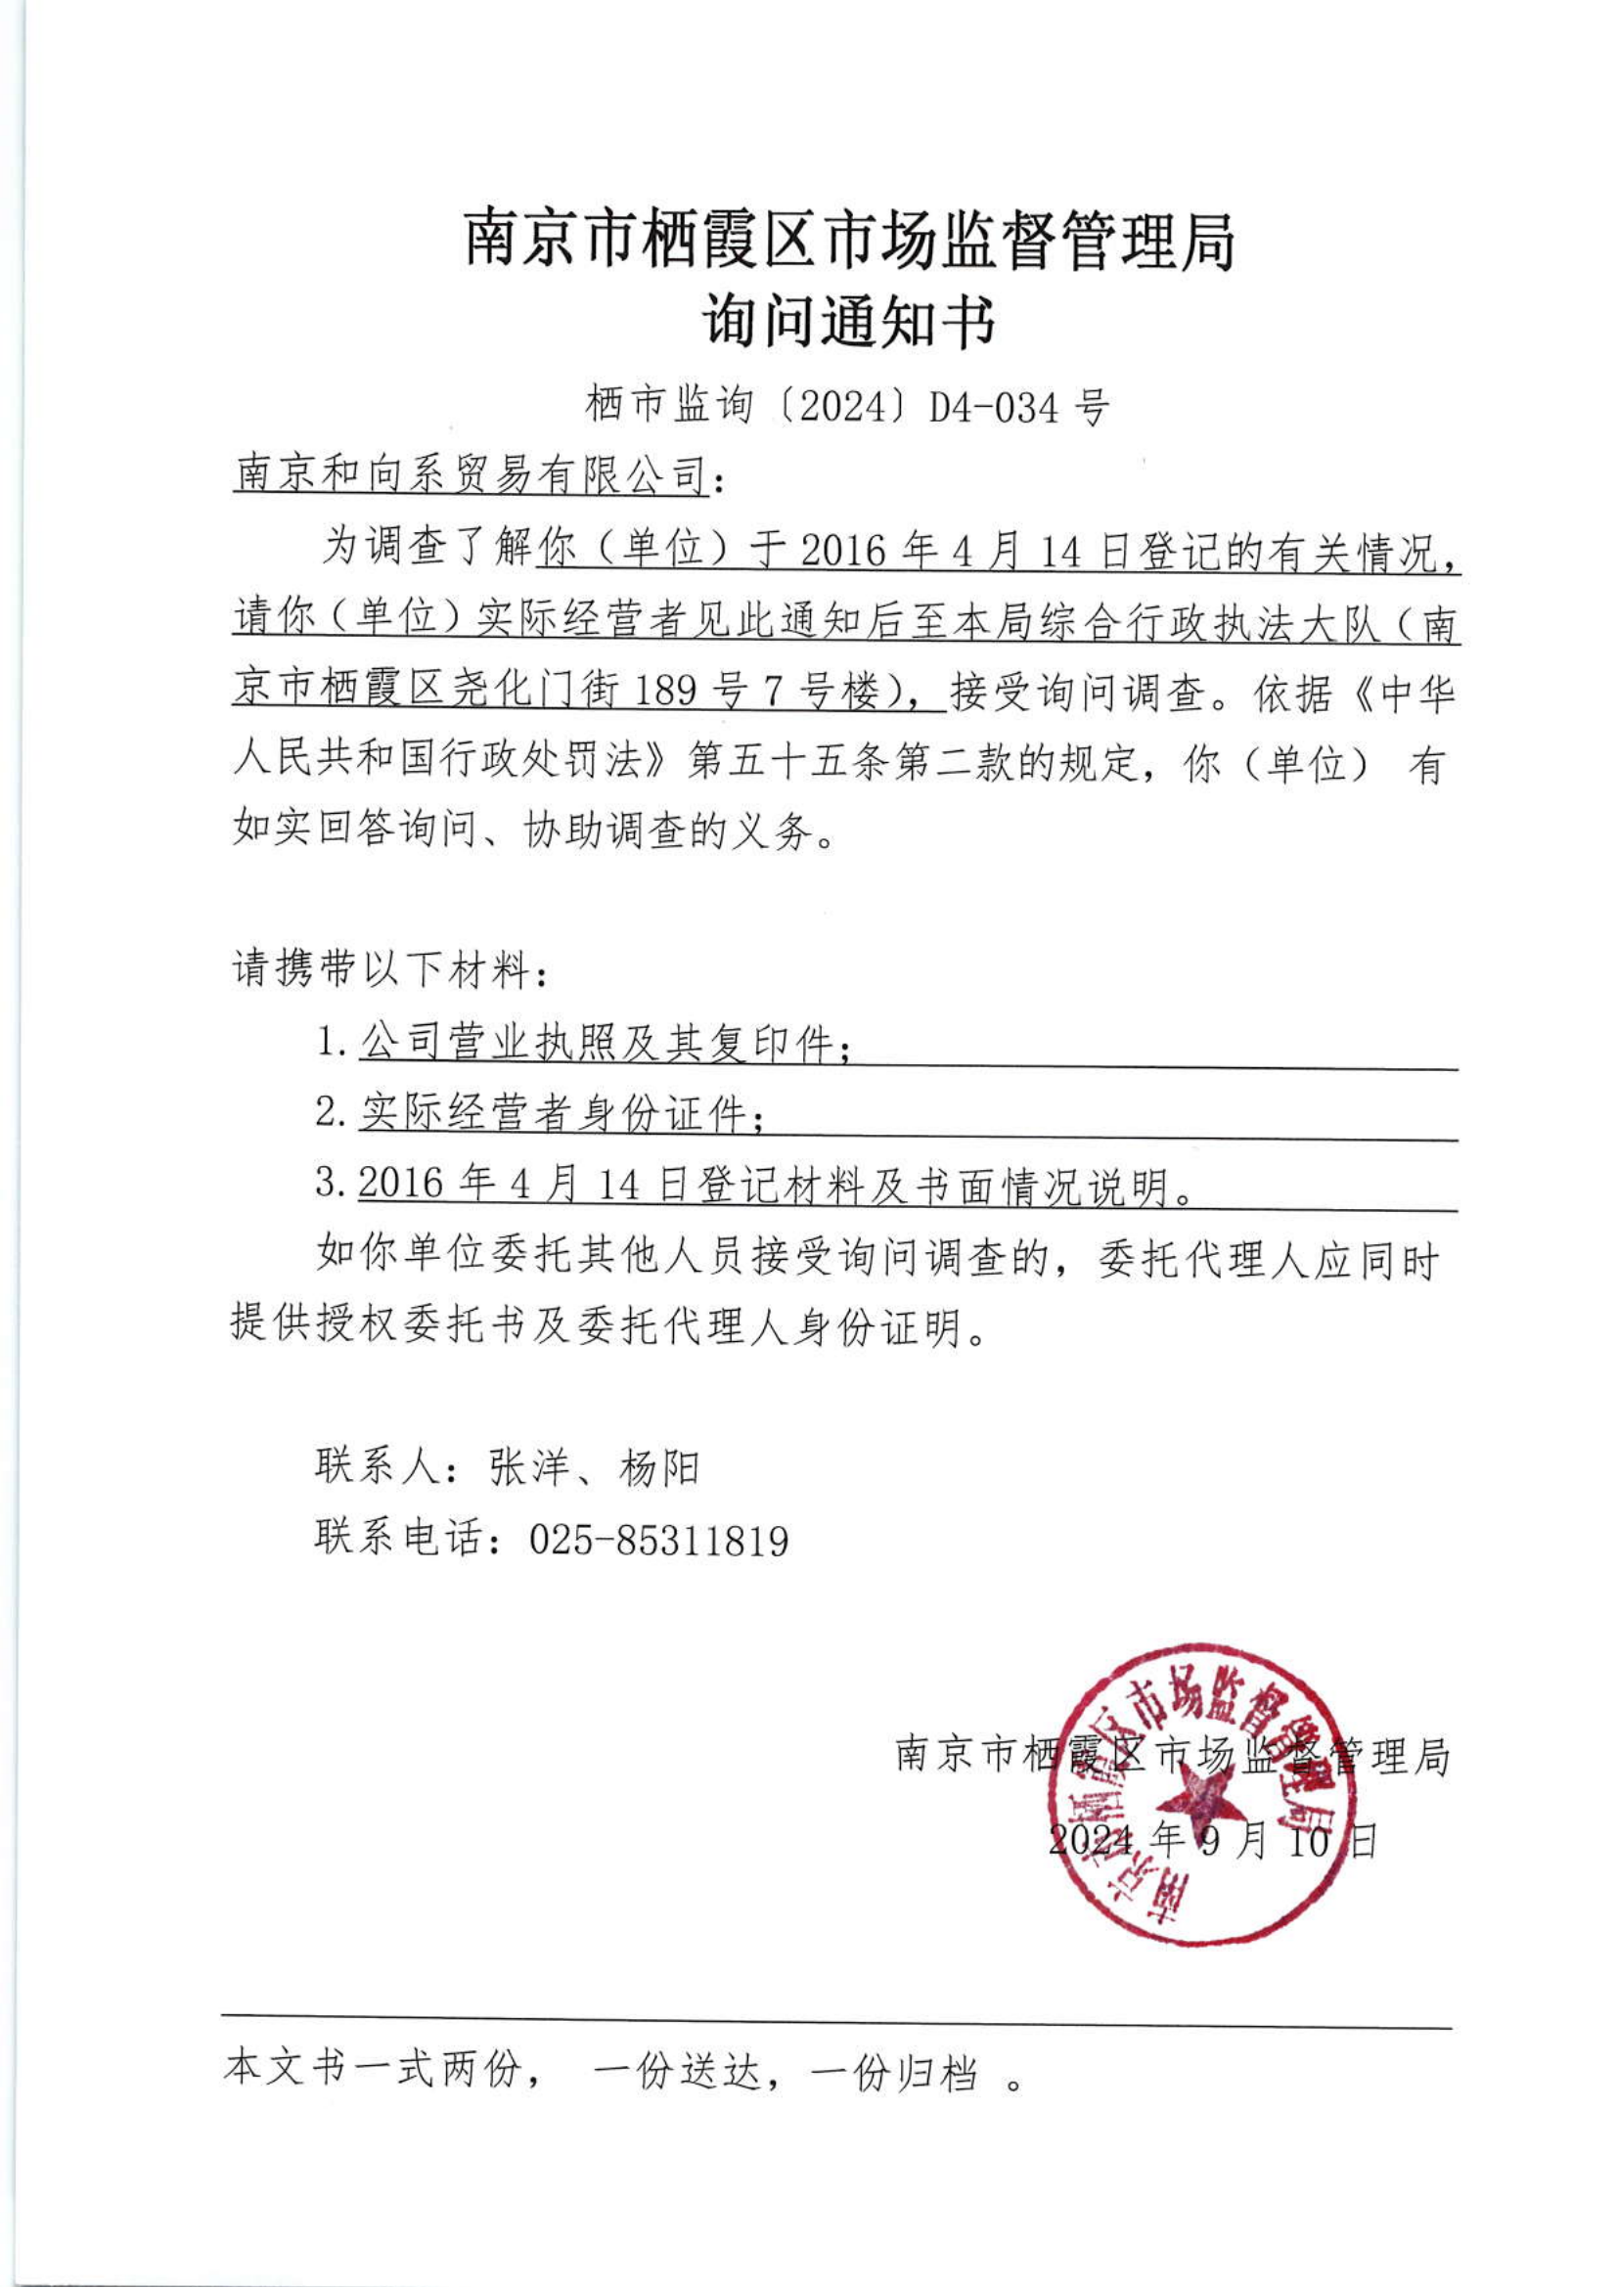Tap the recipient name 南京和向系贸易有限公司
[x=471, y=475]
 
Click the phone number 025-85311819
[x=658, y=1541]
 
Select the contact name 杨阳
[x=659, y=1468]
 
